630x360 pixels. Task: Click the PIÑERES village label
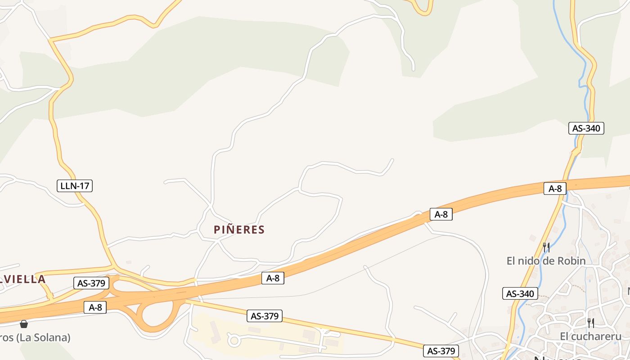[x=239, y=230]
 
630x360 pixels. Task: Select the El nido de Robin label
[x=546, y=261]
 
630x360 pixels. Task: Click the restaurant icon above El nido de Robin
[x=546, y=247]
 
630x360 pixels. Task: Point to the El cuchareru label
[x=590, y=336]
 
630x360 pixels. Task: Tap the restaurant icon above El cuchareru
[x=590, y=323]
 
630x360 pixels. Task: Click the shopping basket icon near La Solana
[x=24, y=324]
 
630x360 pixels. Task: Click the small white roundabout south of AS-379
[x=234, y=340]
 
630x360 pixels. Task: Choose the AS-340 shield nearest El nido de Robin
[x=520, y=294]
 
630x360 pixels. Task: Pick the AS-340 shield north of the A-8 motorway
[x=586, y=128]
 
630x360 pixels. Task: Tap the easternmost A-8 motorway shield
[x=555, y=189]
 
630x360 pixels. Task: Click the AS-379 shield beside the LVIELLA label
[x=91, y=283]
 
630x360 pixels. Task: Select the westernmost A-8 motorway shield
[x=95, y=307]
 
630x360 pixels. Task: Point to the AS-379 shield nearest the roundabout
[x=265, y=316]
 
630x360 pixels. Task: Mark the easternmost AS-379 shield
[x=441, y=351]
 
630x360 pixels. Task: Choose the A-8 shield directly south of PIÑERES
[x=273, y=278]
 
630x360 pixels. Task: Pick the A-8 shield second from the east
[x=441, y=214]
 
